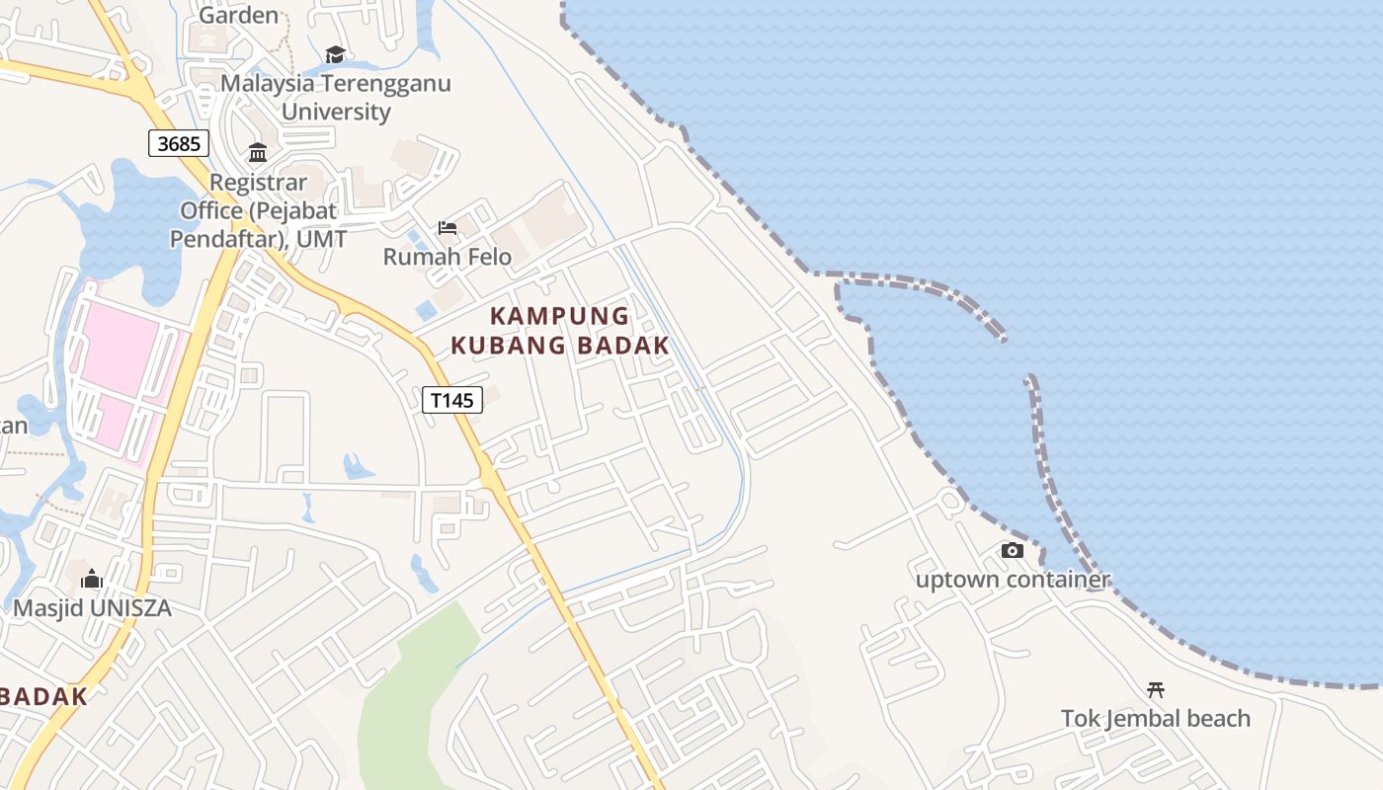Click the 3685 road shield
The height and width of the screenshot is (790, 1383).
coord(179,143)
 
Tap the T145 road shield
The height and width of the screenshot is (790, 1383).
coord(452,400)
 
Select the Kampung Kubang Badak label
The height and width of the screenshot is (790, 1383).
coord(560,331)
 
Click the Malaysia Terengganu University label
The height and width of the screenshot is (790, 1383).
coord(336,97)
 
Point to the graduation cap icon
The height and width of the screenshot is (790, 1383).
coord(335,54)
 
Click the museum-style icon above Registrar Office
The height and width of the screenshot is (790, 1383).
coord(258,152)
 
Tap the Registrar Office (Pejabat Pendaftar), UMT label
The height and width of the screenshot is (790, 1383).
coord(258,210)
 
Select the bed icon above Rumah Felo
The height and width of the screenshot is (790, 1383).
coord(447,229)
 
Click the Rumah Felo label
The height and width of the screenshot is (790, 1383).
coord(447,257)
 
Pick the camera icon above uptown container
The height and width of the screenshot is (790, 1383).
coord(1013,551)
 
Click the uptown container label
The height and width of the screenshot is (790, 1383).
coord(1013,580)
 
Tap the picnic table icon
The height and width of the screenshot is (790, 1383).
coord(1155,689)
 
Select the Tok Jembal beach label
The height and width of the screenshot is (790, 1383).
coord(1155,718)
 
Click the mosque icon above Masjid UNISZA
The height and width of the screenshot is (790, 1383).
coord(92,579)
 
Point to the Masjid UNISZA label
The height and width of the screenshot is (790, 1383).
coord(92,607)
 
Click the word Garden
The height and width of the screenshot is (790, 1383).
coord(239,15)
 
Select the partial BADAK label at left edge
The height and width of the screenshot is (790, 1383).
coord(43,695)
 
